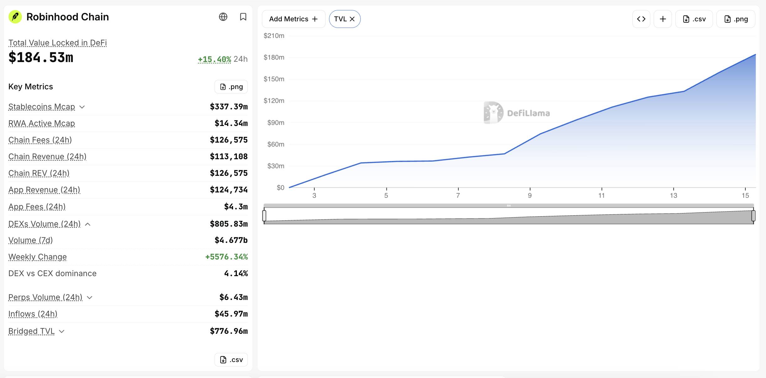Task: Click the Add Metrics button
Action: coord(294,19)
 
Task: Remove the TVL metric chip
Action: coord(352,19)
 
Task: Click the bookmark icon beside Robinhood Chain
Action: coord(243,17)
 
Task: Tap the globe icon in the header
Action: coord(223,17)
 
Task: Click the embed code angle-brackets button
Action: coord(641,19)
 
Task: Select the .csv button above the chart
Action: coord(694,19)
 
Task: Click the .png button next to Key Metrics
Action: coord(231,87)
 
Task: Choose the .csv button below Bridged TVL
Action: coord(231,360)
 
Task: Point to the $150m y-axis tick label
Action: coord(274,79)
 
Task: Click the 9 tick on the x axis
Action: coord(530,196)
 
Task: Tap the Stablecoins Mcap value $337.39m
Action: coord(229,107)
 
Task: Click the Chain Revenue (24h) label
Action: coord(47,156)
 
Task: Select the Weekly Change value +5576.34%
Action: coord(226,257)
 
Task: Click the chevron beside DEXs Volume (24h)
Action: coord(88,224)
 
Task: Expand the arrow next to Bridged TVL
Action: coord(62,331)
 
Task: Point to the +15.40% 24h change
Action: coord(215,59)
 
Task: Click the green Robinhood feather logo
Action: coord(15,17)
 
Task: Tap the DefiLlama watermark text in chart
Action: coord(528,113)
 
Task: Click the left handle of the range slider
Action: coord(264,216)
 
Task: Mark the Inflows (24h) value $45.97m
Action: coord(231,314)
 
